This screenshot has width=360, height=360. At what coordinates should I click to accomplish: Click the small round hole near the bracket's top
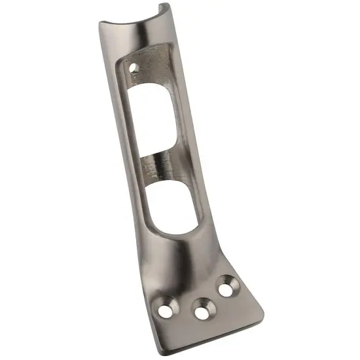click(135, 67)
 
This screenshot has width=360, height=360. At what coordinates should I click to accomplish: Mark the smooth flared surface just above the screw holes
click(190, 265)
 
